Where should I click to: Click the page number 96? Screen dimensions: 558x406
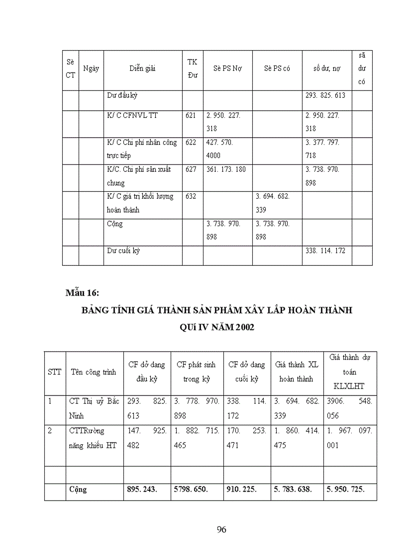point(222,529)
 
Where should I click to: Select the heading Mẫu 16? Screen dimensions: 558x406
point(83,292)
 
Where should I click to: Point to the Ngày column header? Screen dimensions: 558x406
point(91,69)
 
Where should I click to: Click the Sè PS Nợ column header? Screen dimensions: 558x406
point(227,69)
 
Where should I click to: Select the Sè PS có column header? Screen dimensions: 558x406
point(277,69)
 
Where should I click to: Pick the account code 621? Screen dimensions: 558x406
point(191,115)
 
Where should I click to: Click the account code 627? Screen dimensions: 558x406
point(191,169)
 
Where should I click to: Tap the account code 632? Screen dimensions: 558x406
point(191,196)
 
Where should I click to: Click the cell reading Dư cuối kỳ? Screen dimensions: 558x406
point(123,250)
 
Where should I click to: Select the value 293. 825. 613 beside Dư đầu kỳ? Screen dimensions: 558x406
point(325,95)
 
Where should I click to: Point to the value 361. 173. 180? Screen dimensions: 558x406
point(226,169)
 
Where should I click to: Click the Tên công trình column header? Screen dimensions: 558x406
point(93,372)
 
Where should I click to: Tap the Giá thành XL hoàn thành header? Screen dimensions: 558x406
point(297,372)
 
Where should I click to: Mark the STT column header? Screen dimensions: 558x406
point(55,372)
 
